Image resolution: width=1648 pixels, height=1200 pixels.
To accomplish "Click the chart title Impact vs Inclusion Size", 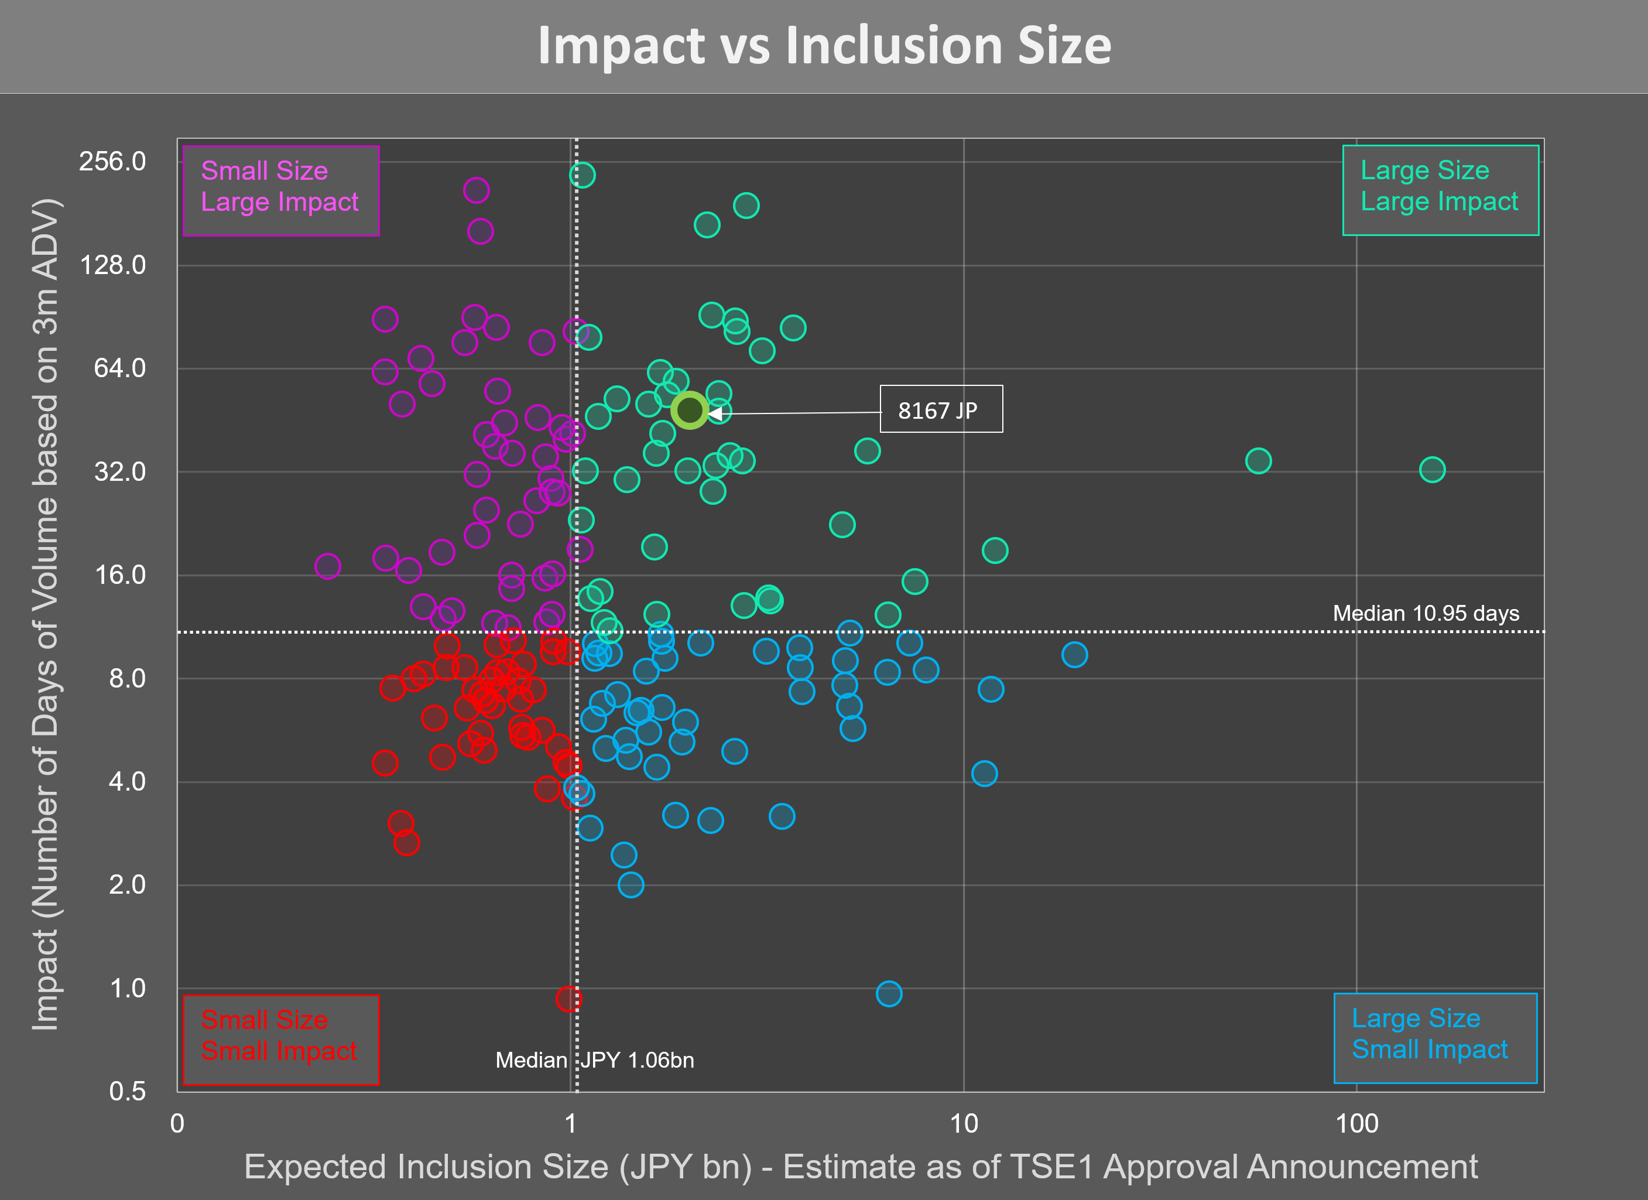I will click(824, 45).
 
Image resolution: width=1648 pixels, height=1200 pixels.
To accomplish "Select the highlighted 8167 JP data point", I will click(689, 411).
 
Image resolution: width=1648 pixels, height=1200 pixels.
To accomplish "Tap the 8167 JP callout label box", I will click(940, 409).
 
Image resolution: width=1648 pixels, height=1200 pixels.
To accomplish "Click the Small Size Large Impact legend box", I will click(280, 190).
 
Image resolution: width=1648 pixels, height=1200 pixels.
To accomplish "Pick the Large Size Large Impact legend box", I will click(1440, 190).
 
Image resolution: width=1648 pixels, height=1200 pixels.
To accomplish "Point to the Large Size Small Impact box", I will click(1434, 1038).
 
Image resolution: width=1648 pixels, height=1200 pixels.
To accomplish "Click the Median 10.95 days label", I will click(1425, 613).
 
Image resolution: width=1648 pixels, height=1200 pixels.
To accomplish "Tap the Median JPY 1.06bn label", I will click(594, 1059).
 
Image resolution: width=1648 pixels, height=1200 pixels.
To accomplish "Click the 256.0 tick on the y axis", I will click(112, 162).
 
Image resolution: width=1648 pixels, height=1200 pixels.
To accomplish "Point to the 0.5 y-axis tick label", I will click(127, 1091).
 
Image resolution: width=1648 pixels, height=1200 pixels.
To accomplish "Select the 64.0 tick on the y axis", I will click(119, 368).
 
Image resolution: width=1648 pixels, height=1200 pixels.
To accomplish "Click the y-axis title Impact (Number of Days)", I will click(45, 614).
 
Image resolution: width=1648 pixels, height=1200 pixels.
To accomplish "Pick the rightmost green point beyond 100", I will click(1431, 470).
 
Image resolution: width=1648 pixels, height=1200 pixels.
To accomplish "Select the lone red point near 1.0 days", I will click(569, 999).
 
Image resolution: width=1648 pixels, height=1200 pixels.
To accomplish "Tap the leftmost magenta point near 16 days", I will click(328, 566).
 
